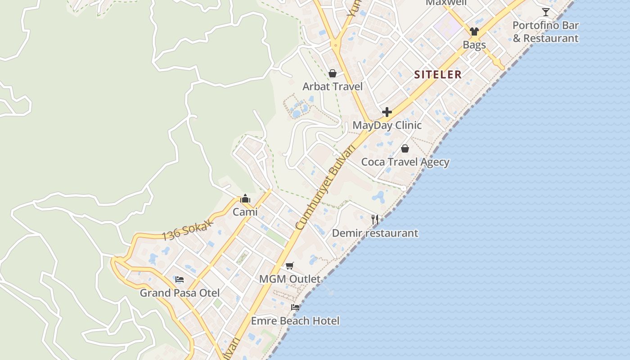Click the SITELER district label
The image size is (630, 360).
click(438, 75)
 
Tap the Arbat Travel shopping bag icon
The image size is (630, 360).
click(333, 73)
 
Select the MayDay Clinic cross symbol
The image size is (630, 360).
click(387, 112)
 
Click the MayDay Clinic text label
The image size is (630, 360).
click(387, 125)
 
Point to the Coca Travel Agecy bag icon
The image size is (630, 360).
click(405, 148)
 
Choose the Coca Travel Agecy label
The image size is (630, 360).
click(405, 162)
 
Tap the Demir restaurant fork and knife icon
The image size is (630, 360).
click(375, 220)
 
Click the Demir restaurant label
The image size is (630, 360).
click(375, 233)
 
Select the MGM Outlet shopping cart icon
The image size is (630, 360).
click(290, 265)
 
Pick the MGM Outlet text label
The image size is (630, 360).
click(290, 279)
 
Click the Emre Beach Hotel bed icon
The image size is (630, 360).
click(295, 307)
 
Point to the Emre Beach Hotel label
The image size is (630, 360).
click(295, 321)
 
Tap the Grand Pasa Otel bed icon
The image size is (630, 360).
click(180, 279)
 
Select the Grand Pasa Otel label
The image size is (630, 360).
click(180, 293)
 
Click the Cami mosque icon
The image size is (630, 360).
click(245, 198)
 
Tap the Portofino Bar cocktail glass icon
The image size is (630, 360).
click(546, 12)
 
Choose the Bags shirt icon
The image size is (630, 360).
click(474, 31)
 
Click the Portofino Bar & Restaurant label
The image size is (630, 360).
click(545, 31)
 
